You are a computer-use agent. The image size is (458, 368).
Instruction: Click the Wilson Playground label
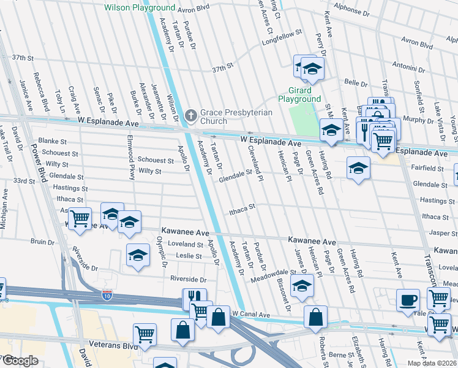coord(140,8)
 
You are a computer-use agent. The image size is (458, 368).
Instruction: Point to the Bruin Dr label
coord(42,242)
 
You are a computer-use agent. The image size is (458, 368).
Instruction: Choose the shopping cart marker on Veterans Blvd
coord(145,334)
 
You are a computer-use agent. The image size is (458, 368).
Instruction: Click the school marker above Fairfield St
coord(358,169)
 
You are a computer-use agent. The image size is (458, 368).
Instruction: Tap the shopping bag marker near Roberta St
coord(315,317)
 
